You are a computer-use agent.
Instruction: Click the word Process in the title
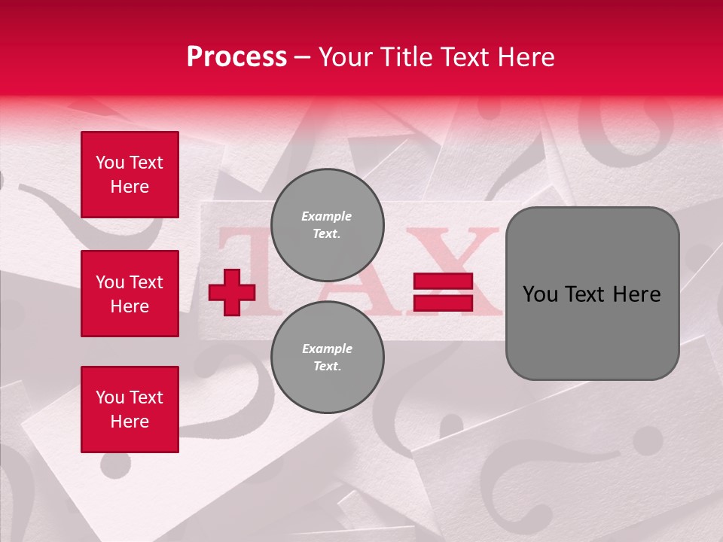[236, 57]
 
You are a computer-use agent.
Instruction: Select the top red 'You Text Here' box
[130, 175]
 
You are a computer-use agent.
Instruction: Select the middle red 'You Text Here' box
[130, 294]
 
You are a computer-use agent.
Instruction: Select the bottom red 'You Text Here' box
[130, 410]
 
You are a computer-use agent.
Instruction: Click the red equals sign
[443, 292]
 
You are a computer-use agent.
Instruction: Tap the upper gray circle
[327, 225]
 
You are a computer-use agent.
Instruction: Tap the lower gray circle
[327, 358]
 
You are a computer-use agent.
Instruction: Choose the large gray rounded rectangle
[592, 294]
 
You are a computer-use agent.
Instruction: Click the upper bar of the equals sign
[443, 282]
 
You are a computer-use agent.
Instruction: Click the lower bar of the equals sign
[443, 303]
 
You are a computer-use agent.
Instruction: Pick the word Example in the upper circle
[327, 216]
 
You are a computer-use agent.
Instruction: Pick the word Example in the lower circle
[327, 349]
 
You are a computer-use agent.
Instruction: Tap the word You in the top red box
[110, 163]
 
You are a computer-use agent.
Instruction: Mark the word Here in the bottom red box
[130, 422]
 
